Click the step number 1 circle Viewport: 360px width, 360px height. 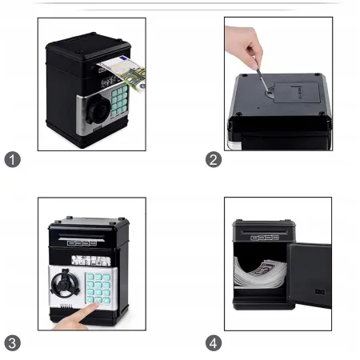13,159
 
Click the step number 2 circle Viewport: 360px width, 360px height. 214,159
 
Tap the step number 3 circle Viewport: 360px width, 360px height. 13,343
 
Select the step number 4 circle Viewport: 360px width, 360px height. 214,343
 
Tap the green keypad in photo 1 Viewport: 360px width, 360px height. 119,100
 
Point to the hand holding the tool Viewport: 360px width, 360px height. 243,46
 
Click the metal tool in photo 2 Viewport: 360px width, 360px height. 262,79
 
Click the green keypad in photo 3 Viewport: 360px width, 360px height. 98,288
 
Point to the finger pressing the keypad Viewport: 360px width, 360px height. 78,317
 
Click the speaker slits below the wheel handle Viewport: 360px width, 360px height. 66,306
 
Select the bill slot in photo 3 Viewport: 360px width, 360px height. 82,236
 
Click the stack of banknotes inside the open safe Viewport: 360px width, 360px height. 260,274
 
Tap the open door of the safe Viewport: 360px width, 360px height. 310,274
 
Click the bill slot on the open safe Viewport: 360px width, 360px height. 265,231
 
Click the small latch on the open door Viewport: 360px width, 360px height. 319,291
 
